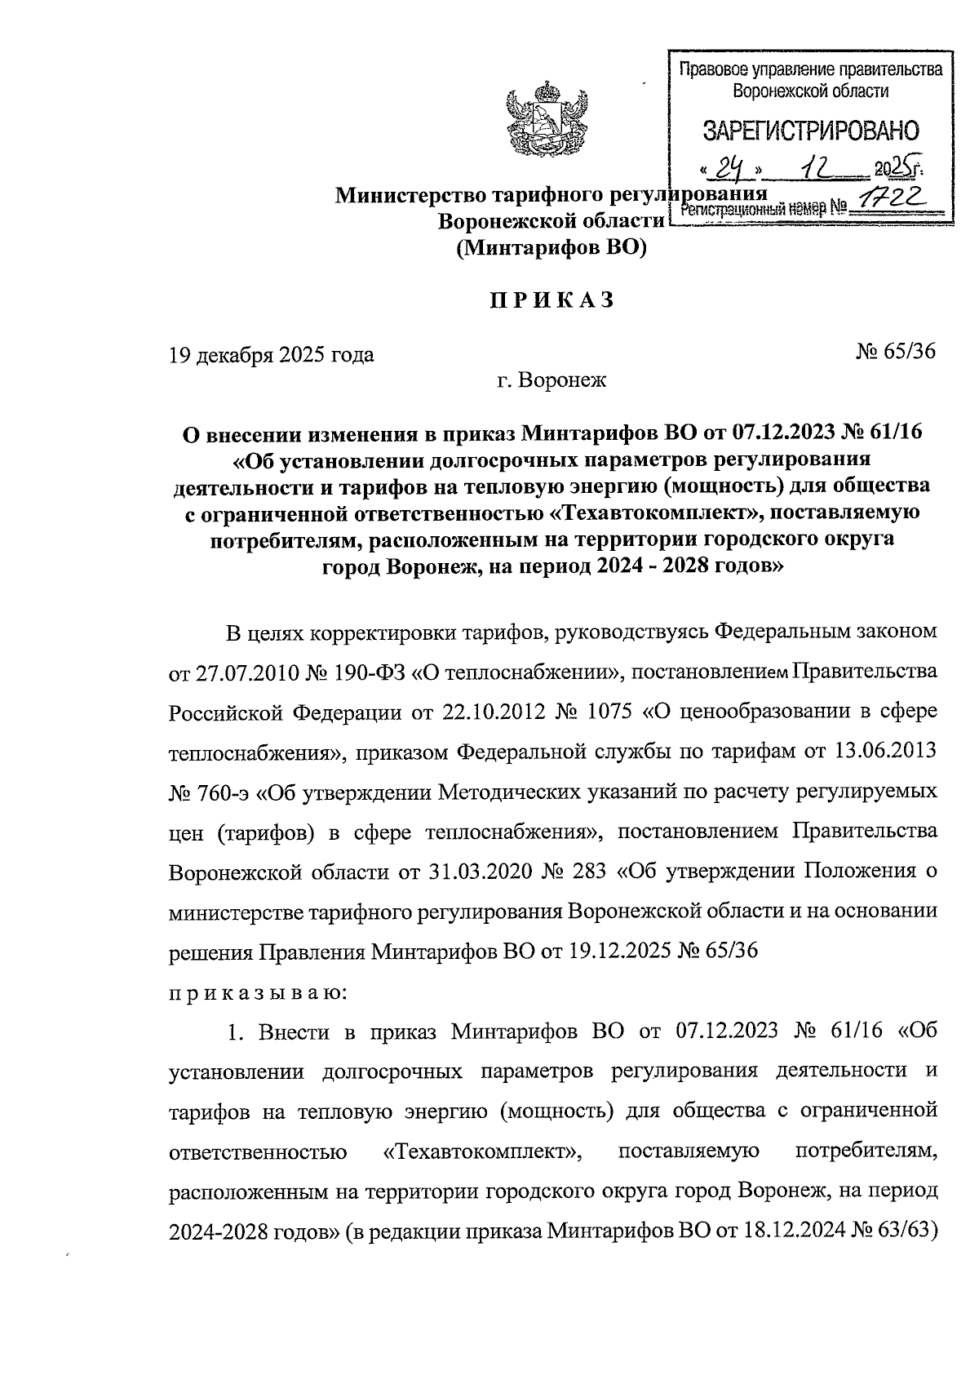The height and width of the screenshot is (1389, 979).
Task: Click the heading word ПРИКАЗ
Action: (x=552, y=301)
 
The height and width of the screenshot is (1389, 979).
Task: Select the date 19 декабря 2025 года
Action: (x=271, y=355)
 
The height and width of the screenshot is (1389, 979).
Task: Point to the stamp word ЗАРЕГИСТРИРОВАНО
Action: (x=810, y=131)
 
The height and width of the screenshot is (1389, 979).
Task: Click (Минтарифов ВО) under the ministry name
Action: (x=551, y=248)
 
